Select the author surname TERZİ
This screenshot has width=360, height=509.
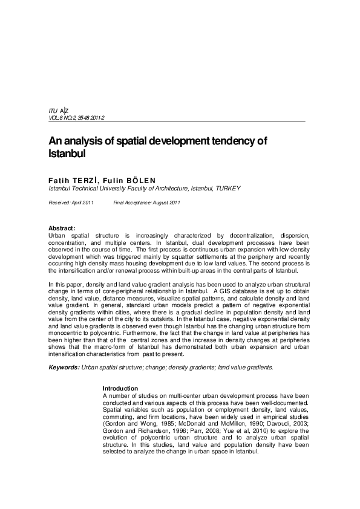click(85, 180)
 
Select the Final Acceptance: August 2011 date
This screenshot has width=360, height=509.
click(147, 202)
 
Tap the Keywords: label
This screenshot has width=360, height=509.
click(63, 367)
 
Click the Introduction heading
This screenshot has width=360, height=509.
click(120, 387)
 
